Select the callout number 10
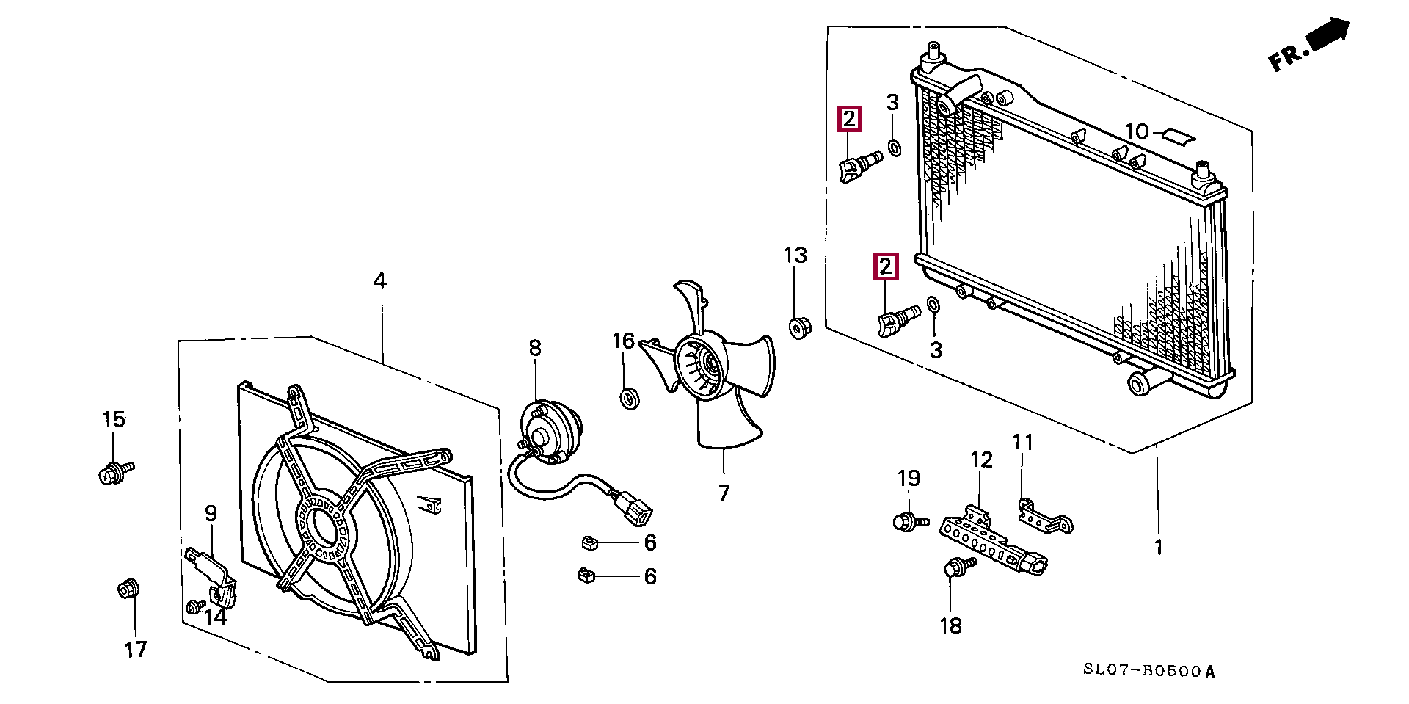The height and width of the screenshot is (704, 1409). click(x=1136, y=132)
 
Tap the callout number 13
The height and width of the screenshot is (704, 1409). click(x=795, y=255)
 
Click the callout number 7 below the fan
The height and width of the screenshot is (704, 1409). click(x=724, y=493)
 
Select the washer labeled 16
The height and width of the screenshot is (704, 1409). click(x=630, y=399)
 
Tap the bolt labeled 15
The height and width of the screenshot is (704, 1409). click(x=114, y=472)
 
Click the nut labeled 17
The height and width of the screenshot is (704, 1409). click(x=128, y=589)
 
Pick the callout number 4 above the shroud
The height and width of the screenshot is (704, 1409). click(x=379, y=280)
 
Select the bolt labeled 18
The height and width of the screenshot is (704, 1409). click(x=956, y=569)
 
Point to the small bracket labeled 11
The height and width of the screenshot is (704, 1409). click(x=1046, y=517)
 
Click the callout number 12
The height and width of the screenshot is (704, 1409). click(x=981, y=460)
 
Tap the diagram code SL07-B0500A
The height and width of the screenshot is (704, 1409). click(x=1149, y=671)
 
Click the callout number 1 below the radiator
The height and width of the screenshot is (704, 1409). click(x=1158, y=547)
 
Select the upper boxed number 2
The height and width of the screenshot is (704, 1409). click(x=849, y=119)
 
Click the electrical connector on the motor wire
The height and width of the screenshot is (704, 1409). click(x=633, y=509)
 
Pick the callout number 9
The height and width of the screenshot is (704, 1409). click(x=211, y=513)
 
